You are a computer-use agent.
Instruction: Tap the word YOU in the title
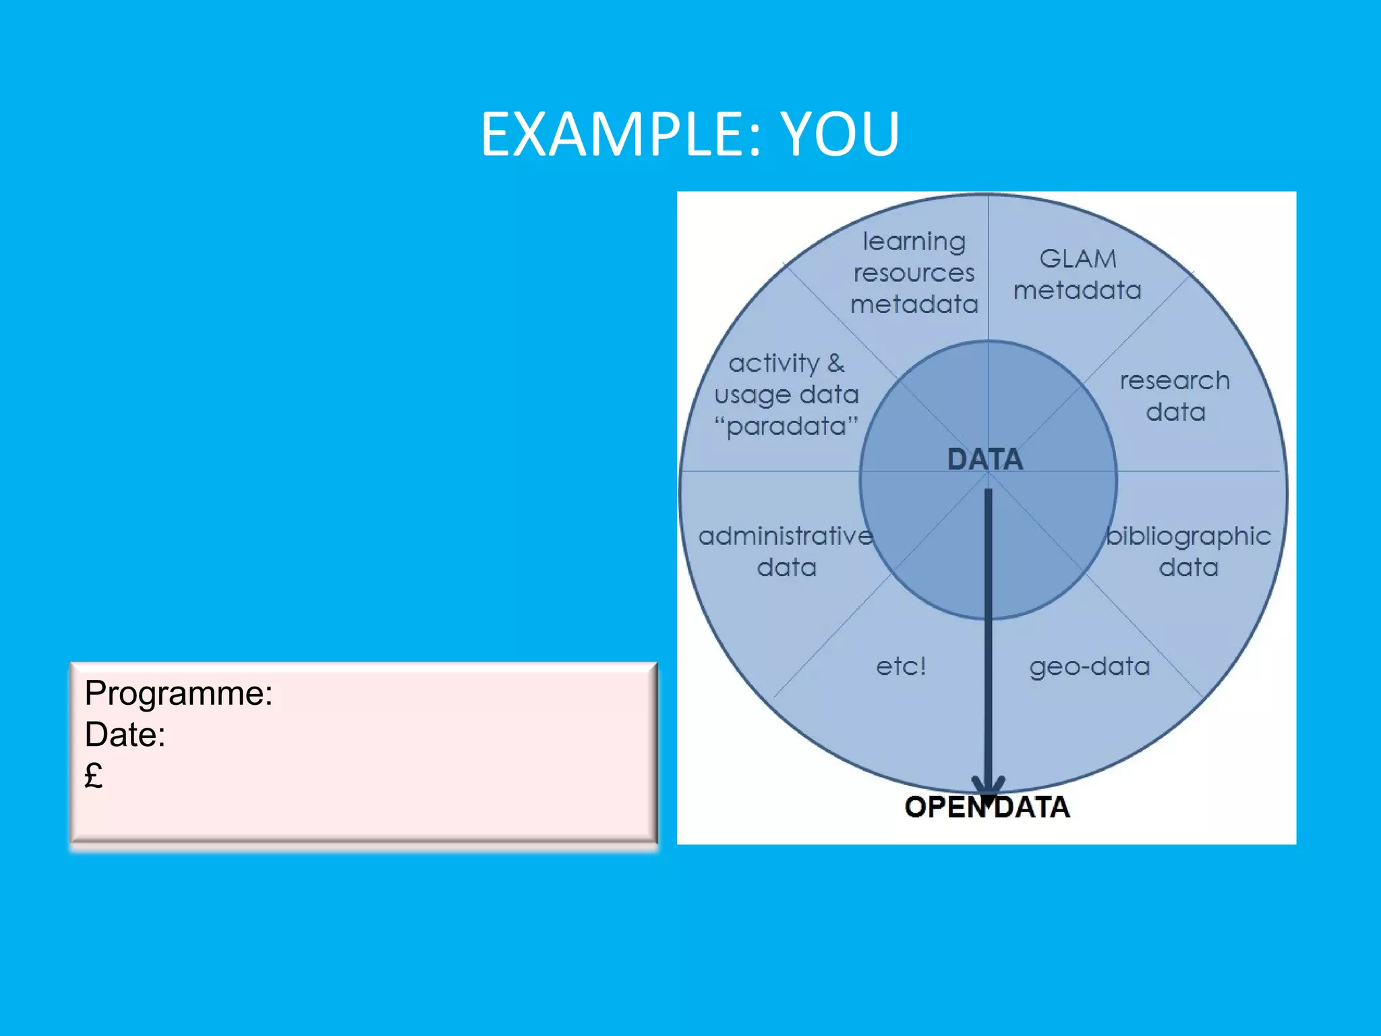click(x=840, y=134)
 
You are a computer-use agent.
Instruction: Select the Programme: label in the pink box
click(x=179, y=693)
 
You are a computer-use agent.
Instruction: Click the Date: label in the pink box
click(x=125, y=735)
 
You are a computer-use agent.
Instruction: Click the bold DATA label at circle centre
click(x=985, y=459)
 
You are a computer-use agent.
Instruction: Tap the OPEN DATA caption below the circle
click(x=987, y=807)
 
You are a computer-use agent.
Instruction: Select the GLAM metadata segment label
click(x=1078, y=274)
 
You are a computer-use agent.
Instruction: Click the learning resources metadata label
click(x=914, y=272)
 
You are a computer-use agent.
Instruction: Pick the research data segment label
click(x=1175, y=396)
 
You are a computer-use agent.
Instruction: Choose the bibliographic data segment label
click(x=1188, y=551)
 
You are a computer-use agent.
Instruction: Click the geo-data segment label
click(x=1090, y=666)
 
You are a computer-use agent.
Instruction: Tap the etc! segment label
click(x=901, y=666)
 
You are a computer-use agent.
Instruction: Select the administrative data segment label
click(x=786, y=551)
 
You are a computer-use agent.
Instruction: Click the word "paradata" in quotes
click(x=786, y=426)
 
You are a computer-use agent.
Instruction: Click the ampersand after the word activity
click(x=836, y=363)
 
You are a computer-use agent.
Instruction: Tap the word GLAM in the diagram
click(x=1078, y=258)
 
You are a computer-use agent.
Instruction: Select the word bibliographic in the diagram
click(x=1188, y=536)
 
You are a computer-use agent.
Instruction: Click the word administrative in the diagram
click(x=786, y=536)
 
